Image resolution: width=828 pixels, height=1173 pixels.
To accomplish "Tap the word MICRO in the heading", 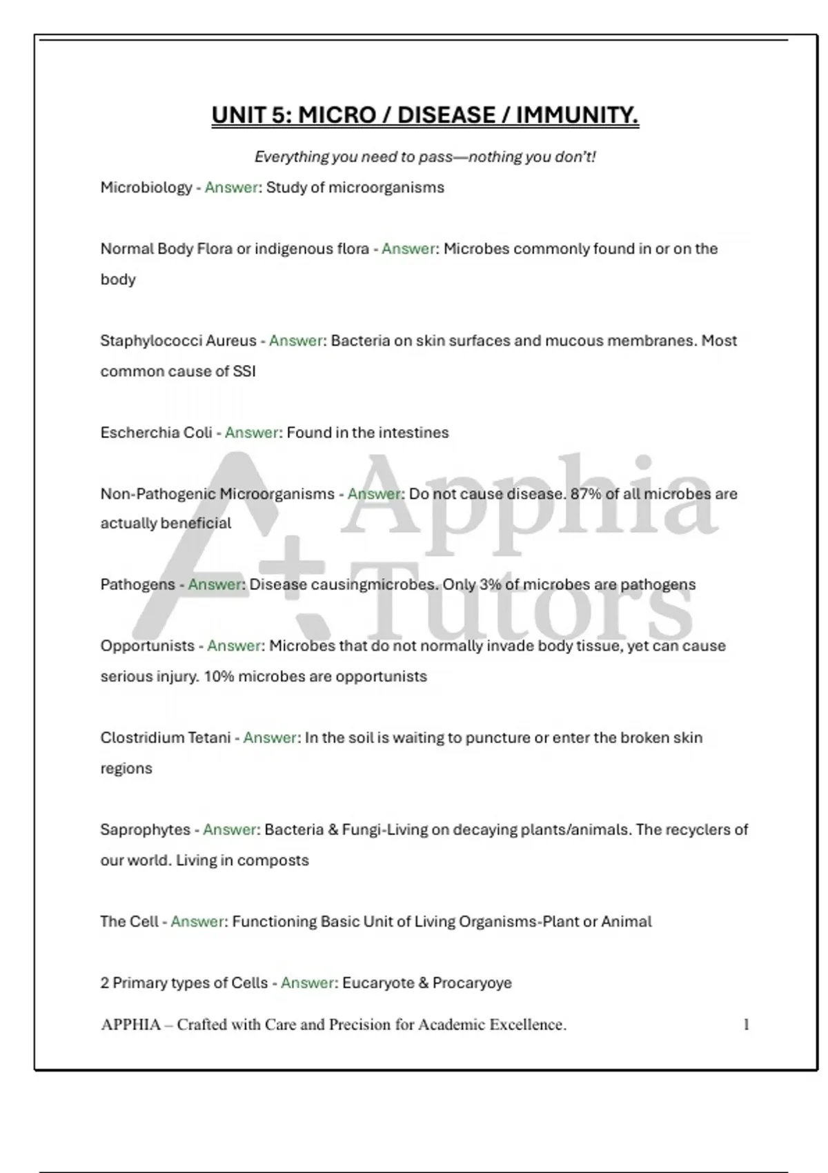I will pos(337,115).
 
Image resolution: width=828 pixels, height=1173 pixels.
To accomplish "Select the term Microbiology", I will pos(146,188).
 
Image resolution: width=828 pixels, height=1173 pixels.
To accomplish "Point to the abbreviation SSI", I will pos(244,371).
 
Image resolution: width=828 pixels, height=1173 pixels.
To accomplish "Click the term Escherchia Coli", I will pos(157,433).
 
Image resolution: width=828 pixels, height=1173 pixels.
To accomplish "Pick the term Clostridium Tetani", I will pos(166,738).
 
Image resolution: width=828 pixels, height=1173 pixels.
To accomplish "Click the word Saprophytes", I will pos(145,829).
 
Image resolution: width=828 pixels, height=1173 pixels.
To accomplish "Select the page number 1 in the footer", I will pos(746,1025).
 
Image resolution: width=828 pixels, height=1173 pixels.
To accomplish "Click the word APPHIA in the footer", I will pos(131,1025).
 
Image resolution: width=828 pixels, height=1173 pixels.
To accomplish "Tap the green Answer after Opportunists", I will pos(235,646).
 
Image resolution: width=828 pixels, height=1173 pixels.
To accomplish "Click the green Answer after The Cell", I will pos(198,922).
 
